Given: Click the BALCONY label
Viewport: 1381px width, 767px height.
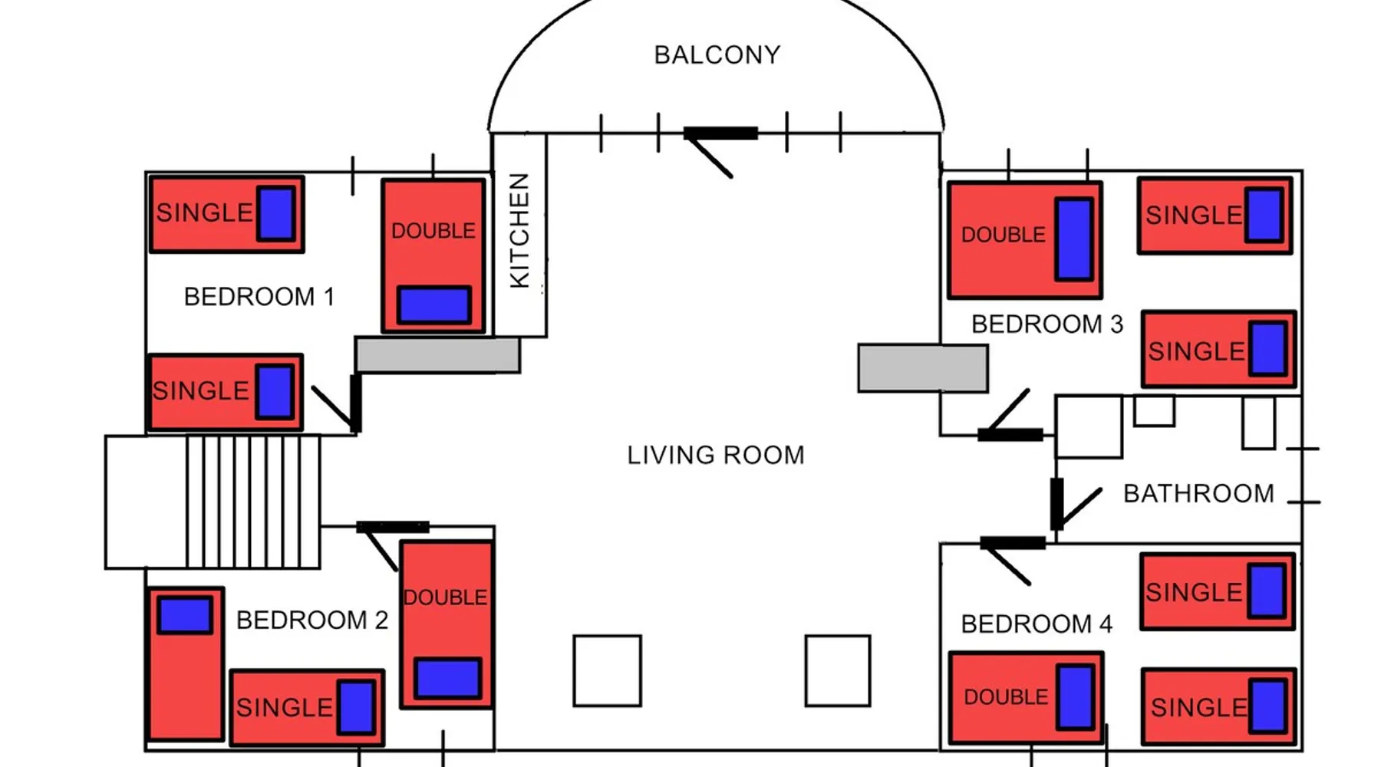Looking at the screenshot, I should point(717,55).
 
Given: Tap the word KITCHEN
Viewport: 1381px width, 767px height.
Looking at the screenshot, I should point(519,230).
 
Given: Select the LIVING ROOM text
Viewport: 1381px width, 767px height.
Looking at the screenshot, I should point(715,455).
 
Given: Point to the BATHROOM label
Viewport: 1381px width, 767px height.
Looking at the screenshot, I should point(1198,493).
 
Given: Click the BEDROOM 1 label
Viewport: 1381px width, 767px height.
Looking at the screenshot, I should point(259,296).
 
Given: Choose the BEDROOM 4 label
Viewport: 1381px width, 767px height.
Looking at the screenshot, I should point(1036,624).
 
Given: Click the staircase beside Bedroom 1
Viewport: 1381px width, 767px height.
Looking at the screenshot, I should point(252,502).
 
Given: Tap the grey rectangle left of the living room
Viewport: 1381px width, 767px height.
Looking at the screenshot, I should point(437,354).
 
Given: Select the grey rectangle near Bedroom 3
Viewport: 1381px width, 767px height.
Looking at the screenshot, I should point(922,368).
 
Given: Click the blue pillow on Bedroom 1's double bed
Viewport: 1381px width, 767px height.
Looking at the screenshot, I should point(434,304).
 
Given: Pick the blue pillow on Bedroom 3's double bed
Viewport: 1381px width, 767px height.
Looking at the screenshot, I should point(1073,239).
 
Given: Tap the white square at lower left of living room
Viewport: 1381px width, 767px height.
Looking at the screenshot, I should point(607,670).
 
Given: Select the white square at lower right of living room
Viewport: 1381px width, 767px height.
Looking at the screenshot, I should point(837,670).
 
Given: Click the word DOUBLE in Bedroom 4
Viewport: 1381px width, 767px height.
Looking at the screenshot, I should point(1005,696).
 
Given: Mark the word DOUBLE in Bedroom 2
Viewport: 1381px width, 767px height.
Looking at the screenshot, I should point(445,597).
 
